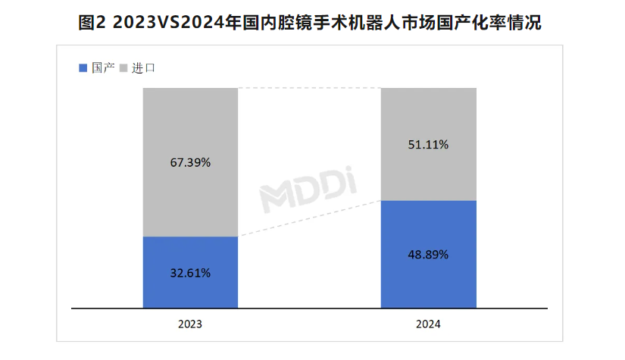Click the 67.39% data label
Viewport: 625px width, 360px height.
tap(190, 162)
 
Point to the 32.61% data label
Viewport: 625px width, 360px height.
tap(190, 272)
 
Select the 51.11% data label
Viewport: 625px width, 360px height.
tap(428, 144)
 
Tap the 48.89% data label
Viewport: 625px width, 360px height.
tap(428, 255)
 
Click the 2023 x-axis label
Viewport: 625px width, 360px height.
tap(190, 324)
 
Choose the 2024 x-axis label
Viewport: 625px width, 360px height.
tap(428, 324)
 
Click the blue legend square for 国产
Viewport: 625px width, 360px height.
tap(83, 68)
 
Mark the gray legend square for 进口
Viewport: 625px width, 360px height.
tap(123, 68)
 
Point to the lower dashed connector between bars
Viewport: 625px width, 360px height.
tap(309, 218)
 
